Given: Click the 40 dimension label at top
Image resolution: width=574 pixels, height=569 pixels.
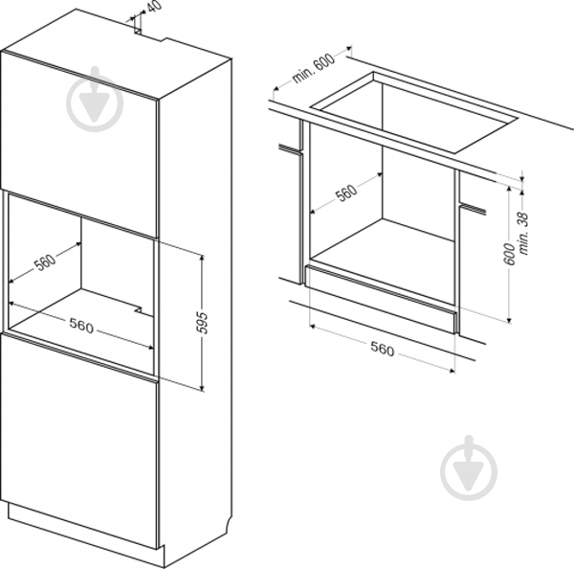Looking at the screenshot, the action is point(155,7).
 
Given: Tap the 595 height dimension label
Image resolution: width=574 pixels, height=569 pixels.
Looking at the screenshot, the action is point(202,323).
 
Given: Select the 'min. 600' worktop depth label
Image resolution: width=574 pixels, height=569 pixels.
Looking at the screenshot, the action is point(314,68).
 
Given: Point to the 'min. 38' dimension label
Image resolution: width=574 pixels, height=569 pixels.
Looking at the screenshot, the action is point(524,234).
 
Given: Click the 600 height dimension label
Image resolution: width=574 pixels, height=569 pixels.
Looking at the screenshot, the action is point(509,254).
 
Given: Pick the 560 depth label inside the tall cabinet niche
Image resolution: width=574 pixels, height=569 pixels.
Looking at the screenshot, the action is point(45,262).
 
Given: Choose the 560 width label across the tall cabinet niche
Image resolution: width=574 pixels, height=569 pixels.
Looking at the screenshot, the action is point(81,326).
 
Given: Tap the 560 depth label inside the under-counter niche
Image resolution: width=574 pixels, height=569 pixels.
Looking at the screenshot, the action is point(347,193).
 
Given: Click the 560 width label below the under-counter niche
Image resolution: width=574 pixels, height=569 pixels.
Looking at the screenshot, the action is point(382,349).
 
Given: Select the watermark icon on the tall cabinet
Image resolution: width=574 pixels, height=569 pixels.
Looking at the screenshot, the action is point(95,99).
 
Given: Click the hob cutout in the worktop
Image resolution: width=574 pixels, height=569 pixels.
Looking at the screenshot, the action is point(414,111).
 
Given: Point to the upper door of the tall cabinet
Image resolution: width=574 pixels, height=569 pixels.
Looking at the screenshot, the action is point(79,144).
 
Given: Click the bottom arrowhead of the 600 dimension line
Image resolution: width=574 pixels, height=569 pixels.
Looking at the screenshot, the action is point(509,320).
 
